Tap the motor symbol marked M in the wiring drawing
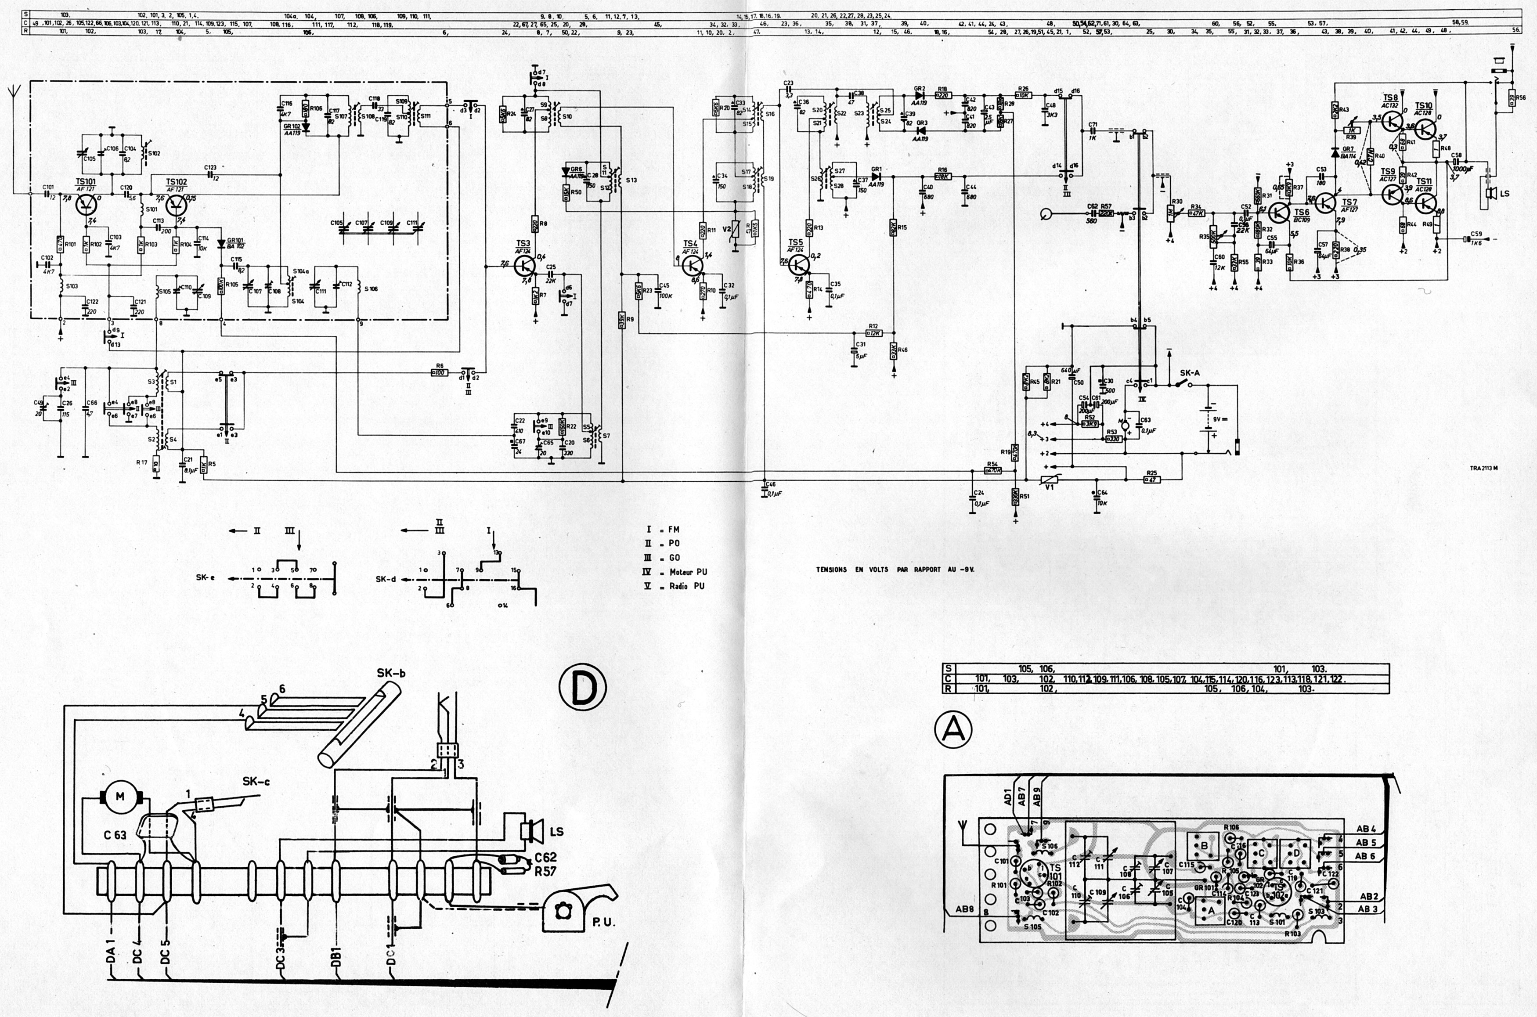tap(119, 797)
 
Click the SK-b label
tap(392, 673)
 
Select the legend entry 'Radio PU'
tap(686, 586)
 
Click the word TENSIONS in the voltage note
tap(831, 570)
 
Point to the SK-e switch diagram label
tap(206, 577)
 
